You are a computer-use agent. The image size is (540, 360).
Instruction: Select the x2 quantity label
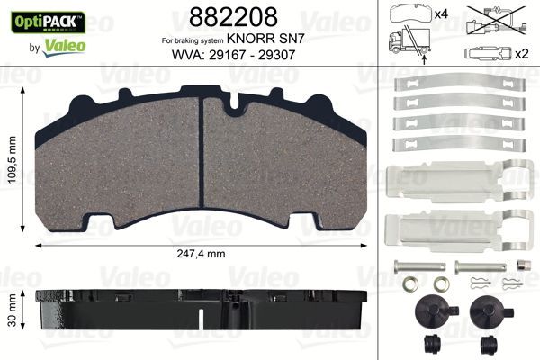519,52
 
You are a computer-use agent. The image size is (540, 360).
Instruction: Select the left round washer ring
409,287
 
